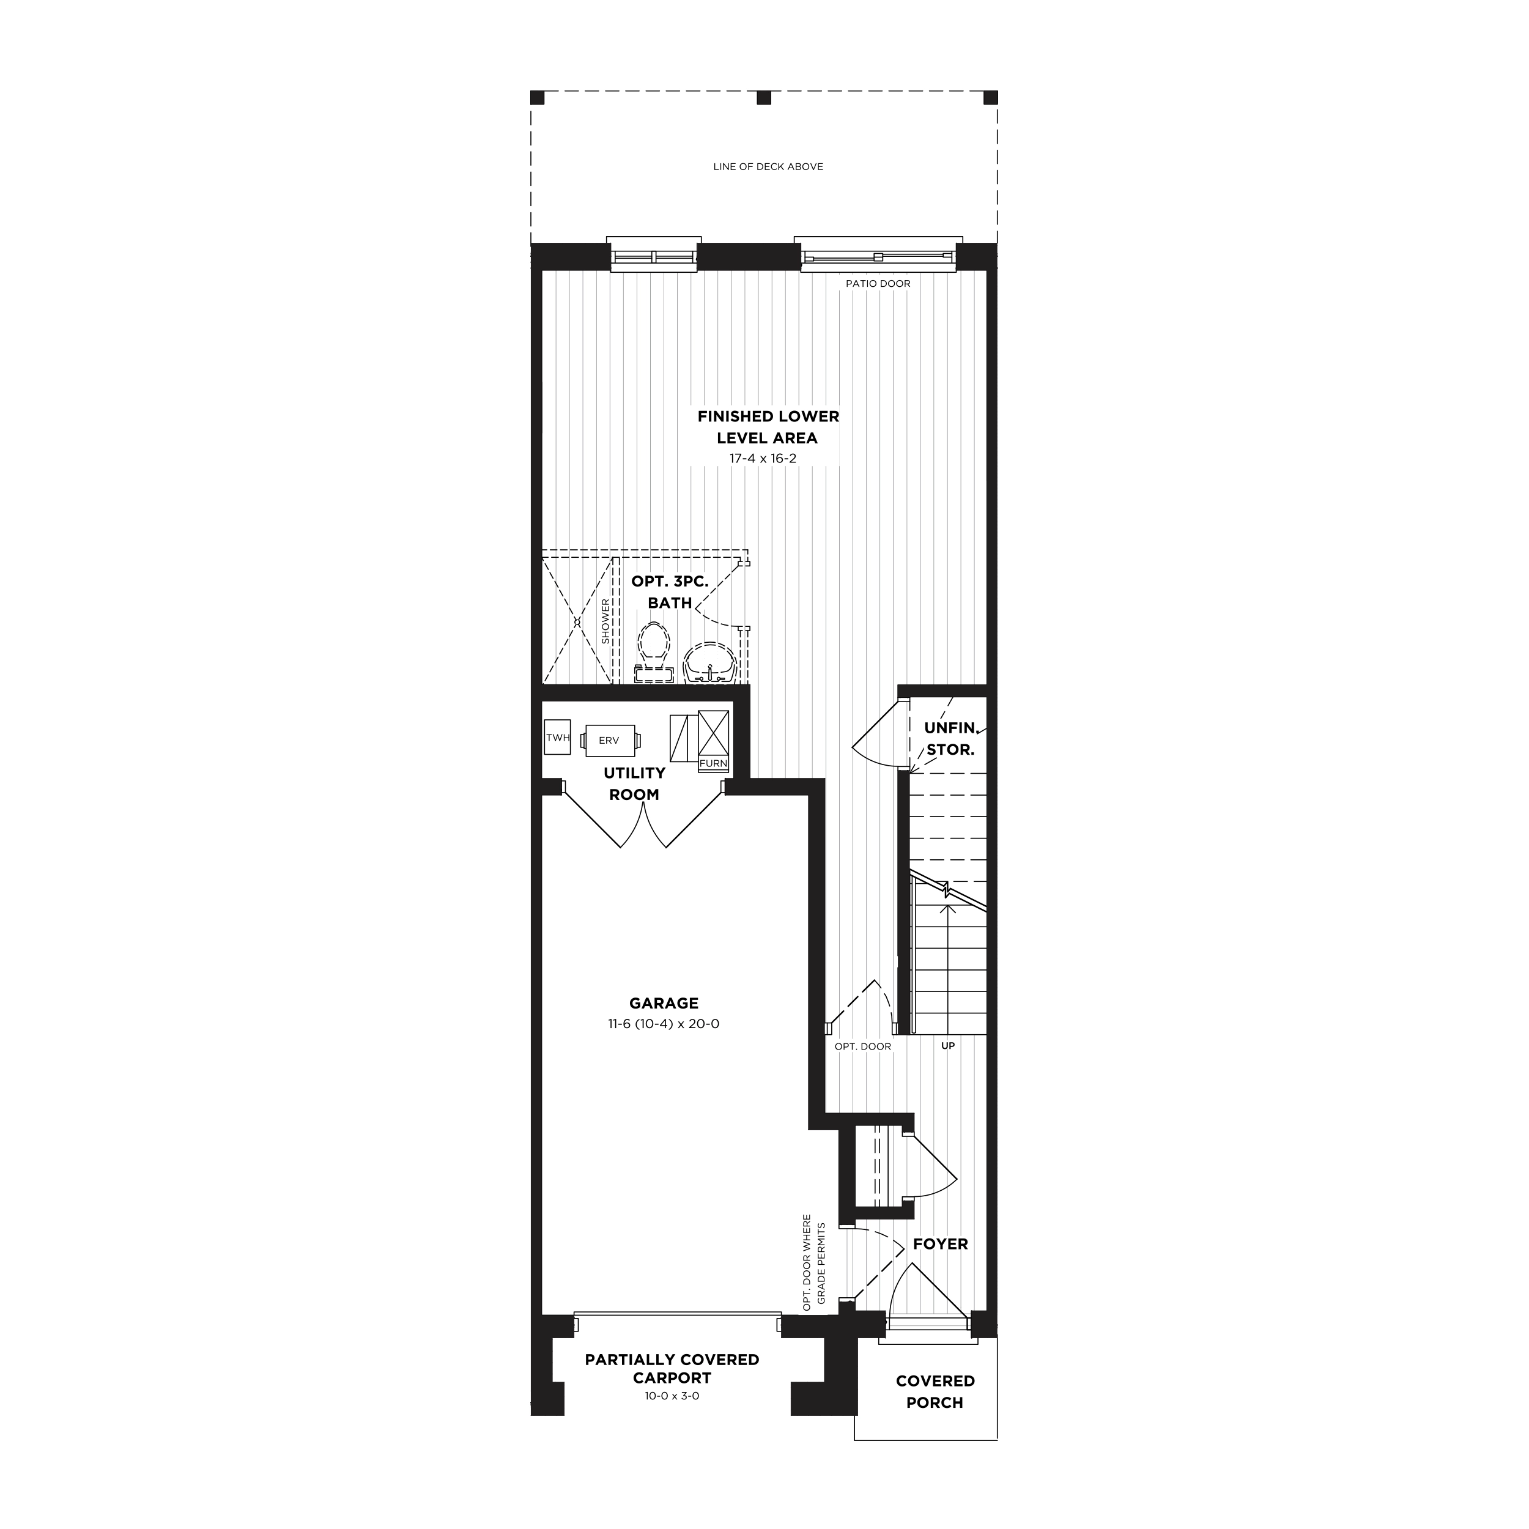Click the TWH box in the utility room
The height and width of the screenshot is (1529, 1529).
click(557, 737)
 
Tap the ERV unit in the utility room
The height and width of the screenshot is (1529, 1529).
click(609, 741)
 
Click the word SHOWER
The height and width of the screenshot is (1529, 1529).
click(605, 621)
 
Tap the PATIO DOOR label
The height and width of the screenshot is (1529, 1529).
click(878, 283)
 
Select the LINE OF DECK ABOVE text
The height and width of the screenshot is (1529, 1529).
click(768, 166)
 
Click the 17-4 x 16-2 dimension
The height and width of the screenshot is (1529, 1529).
click(763, 458)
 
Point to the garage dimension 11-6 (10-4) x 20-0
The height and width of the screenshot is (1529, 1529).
click(663, 1023)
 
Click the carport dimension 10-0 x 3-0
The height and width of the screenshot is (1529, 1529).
click(672, 1396)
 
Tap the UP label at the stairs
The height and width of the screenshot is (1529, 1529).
click(948, 1045)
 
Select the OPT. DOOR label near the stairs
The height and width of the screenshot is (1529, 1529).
click(862, 1046)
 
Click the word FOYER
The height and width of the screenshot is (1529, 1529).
click(940, 1244)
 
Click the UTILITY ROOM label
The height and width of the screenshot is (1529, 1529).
click(634, 783)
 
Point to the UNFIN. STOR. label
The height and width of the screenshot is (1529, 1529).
click(951, 738)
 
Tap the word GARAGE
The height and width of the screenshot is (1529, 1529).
click(664, 1002)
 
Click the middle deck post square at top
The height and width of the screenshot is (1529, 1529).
click(764, 97)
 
